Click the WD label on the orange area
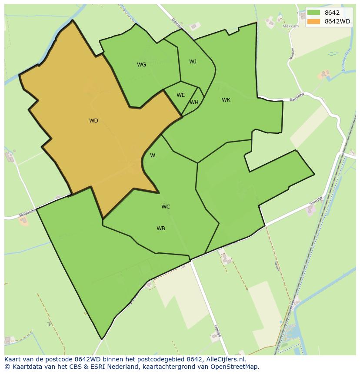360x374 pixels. point(93,121)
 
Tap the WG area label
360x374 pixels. point(141,65)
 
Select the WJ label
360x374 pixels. point(193,62)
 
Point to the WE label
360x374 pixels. point(180,95)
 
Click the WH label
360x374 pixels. point(194,103)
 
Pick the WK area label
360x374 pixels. point(226,100)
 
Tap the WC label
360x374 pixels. point(166,207)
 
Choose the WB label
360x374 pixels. point(161,228)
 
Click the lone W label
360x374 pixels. point(153,156)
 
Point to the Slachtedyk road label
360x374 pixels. point(298,98)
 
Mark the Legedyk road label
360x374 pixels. point(217,331)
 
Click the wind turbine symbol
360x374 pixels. point(49,324)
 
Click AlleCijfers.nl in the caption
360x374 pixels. point(225,360)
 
